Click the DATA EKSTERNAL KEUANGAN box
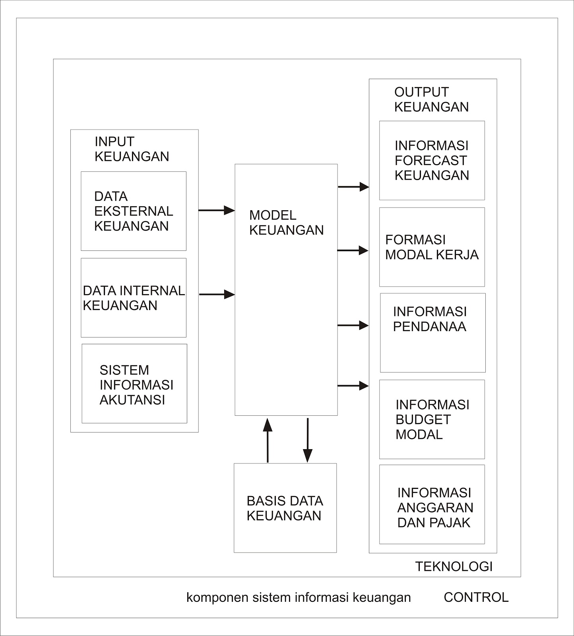coord(134,211)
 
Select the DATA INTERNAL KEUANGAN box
coord(134,298)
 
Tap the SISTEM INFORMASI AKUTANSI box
coord(134,384)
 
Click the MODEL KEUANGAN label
coord(286,223)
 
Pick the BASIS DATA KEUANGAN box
coord(285,508)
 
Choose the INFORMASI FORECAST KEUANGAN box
coord(432,160)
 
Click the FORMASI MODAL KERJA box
coord(432,247)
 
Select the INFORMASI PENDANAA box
coord(432,333)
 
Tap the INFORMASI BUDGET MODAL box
coord(432,419)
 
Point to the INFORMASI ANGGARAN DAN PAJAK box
coord(432,504)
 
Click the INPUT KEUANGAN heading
coord(132,149)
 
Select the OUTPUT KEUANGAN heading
coord(431,99)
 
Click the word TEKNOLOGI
coord(454,566)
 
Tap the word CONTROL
coord(476,597)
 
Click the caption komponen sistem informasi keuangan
coord(299,597)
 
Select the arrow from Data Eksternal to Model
coord(217,210)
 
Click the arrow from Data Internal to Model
coord(217,295)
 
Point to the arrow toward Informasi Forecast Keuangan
coord(353,186)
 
